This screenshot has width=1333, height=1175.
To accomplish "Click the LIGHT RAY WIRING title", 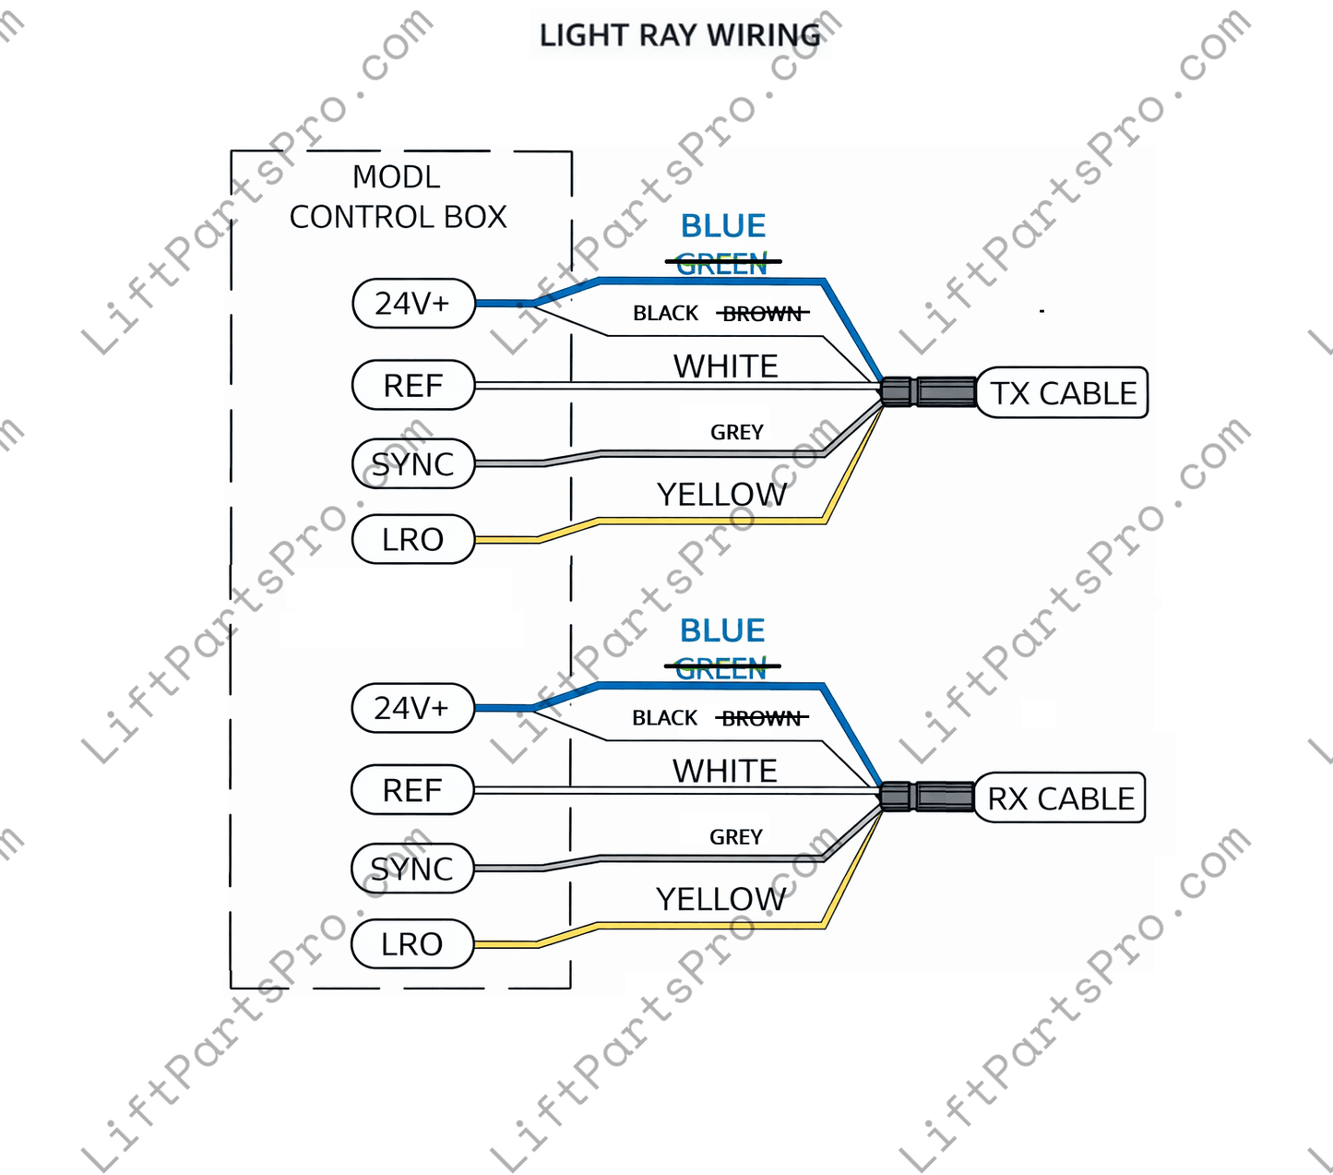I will click(x=680, y=35).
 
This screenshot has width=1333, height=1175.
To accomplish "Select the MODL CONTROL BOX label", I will click(x=398, y=197).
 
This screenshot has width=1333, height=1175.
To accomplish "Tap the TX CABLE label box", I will click(x=1063, y=393).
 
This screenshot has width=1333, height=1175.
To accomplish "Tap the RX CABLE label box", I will click(x=1060, y=798).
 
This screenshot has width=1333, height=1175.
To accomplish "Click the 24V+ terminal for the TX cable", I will click(x=413, y=303).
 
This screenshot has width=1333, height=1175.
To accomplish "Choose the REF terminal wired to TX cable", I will click(x=413, y=385).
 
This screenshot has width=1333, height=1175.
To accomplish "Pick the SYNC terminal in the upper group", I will click(x=413, y=463).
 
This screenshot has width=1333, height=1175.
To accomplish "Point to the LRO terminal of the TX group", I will click(x=413, y=539).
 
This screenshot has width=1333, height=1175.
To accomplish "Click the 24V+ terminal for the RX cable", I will click(x=412, y=708).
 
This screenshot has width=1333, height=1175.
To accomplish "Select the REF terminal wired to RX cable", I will click(x=412, y=790).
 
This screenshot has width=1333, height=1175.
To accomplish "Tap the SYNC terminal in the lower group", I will click(x=412, y=869).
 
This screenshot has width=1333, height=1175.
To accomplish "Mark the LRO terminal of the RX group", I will click(x=412, y=944).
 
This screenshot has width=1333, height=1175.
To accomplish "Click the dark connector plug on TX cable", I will click(x=928, y=391).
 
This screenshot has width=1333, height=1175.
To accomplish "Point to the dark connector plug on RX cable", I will click(x=926, y=796).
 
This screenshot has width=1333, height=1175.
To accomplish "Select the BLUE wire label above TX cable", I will click(x=723, y=226).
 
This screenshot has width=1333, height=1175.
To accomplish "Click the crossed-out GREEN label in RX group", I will click(x=721, y=668).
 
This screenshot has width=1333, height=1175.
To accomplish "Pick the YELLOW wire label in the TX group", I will click(x=721, y=495).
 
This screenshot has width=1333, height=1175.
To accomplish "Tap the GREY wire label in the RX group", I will click(x=736, y=837).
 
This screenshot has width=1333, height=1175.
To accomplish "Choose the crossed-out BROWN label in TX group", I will click(x=762, y=314).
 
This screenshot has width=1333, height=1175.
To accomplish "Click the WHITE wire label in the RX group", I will click(x=725, y=771).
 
